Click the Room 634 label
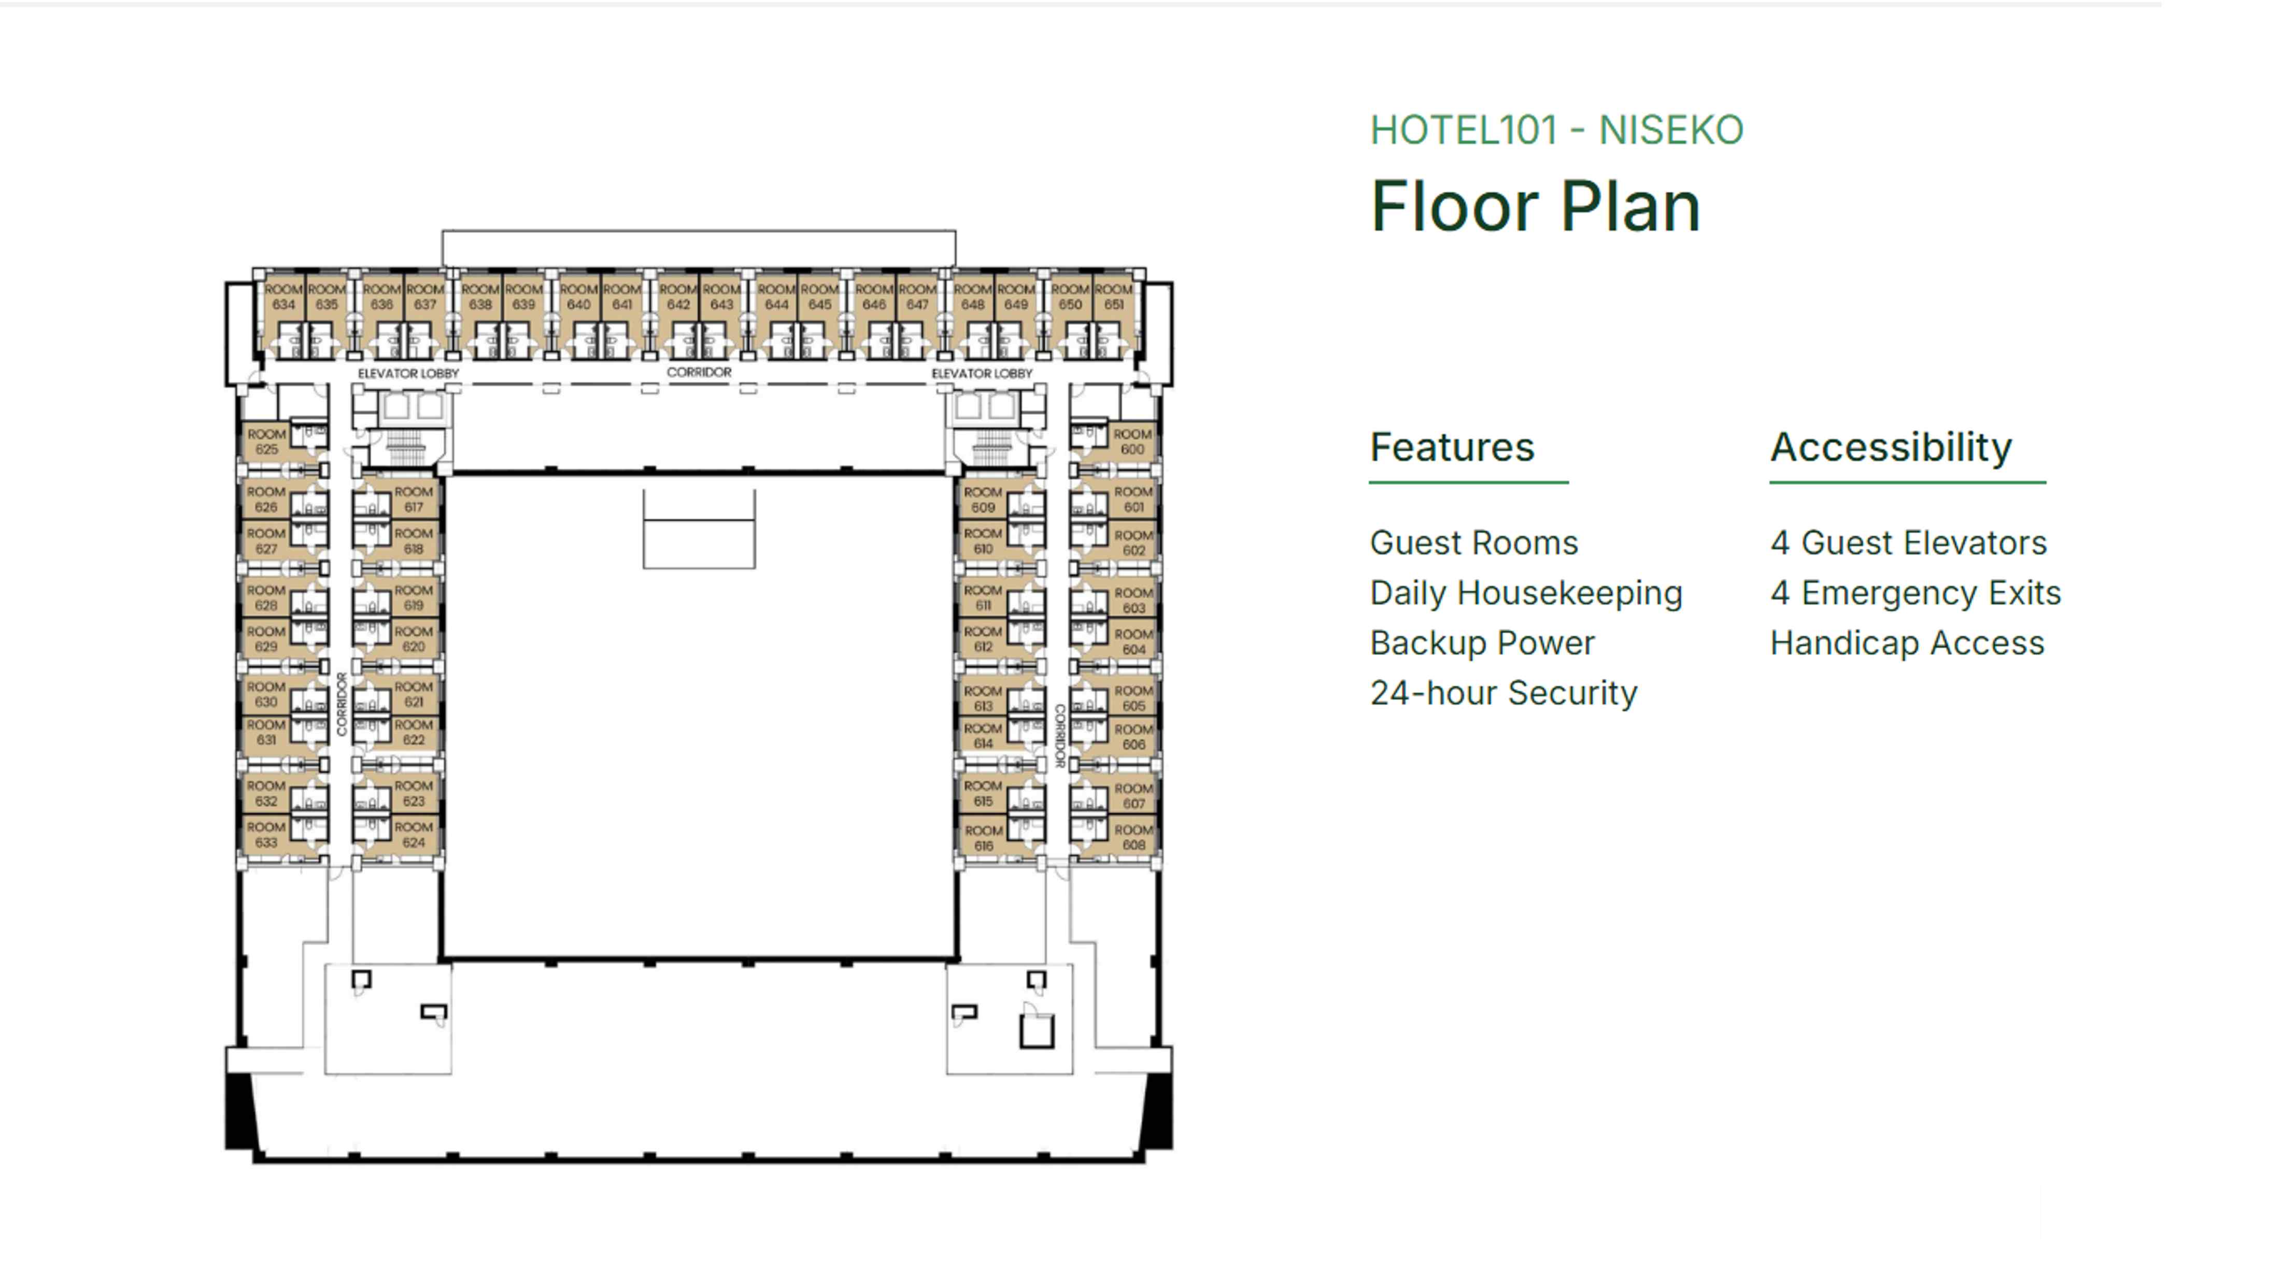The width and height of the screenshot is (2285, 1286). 283,297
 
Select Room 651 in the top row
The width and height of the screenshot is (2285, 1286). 1113,297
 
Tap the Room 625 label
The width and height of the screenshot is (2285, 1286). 266,441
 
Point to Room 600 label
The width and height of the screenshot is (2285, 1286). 1133,441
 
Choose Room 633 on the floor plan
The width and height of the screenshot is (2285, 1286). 266,835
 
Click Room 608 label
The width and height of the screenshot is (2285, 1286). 1133,837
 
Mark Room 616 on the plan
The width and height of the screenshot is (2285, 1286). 983,838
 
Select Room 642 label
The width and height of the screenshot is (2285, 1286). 678,297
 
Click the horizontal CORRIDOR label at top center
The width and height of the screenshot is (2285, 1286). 699,373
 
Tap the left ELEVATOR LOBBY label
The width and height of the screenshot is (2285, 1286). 408,374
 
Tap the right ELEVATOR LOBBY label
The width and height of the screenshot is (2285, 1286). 982,374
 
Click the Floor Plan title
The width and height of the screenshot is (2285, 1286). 1535,207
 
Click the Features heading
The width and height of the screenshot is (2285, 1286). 1452,447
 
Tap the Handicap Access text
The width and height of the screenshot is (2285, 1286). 1907,643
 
